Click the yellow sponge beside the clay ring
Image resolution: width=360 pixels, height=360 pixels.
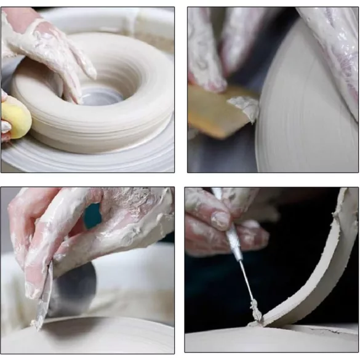click(x=15, y=119)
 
